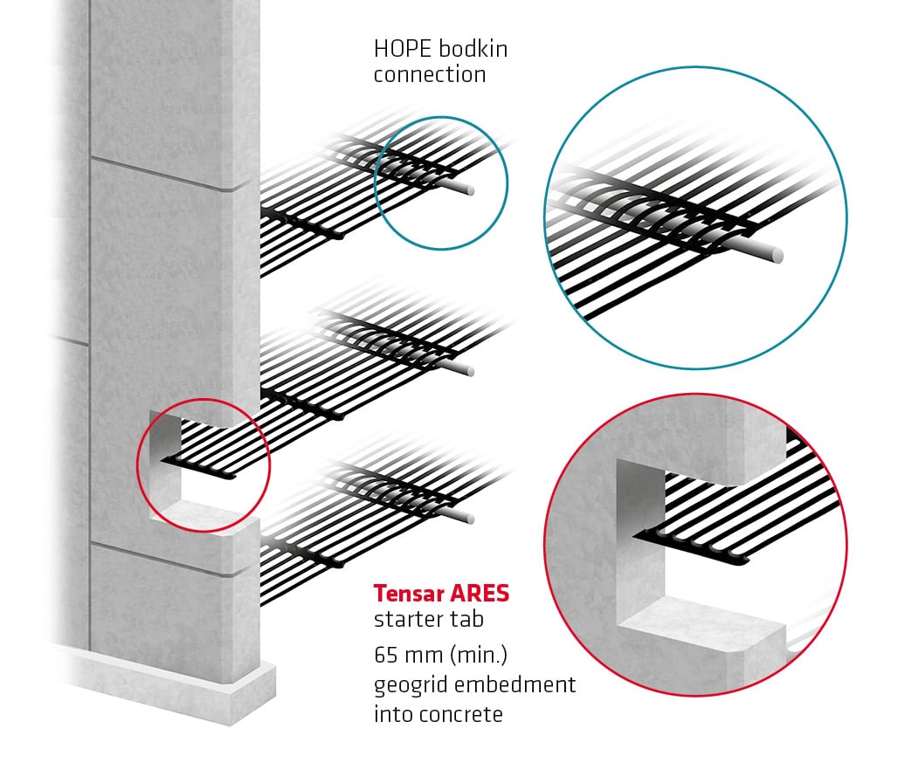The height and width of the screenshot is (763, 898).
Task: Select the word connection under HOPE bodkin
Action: (x=430, y=74)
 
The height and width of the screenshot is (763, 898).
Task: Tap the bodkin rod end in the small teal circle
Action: (x=470, y=189)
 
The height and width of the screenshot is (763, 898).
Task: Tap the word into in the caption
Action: (x=390, y=713)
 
